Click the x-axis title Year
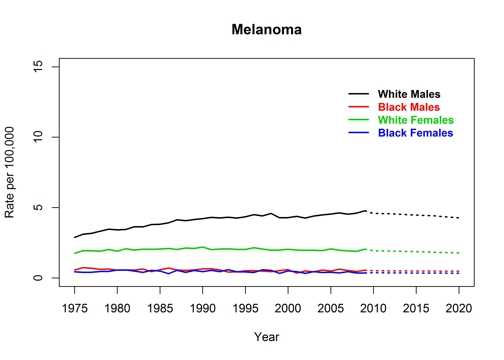point(266,336)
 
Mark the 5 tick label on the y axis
point(41,208)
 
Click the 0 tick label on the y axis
point(41,278)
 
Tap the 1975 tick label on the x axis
point(75,309)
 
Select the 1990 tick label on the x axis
point(203,309)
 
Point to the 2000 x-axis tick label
point(288,309)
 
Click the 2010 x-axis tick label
point(373,309)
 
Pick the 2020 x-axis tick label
point(459,309)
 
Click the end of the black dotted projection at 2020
point(459,218)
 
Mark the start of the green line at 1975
point(75,253)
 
